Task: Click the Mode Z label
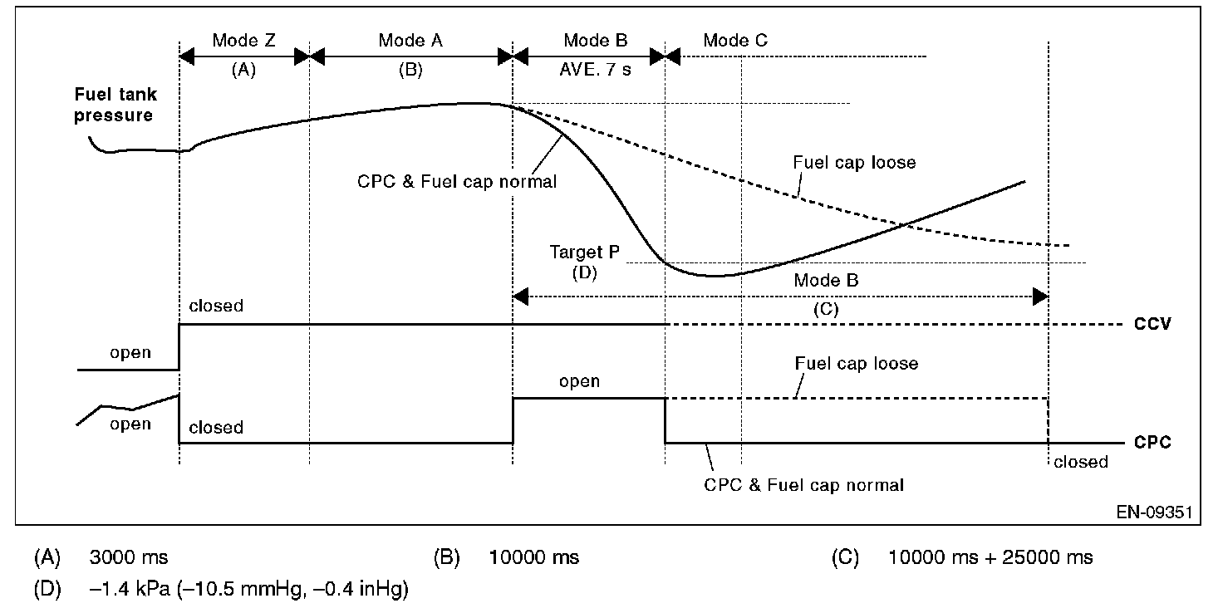click(x=243, y=41)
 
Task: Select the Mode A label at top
click(x=410, y=41)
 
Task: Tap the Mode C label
click(x=735, y=41)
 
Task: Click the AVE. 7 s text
click(x=596, y=70)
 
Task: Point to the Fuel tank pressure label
click(x=115, y=105)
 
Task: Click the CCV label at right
click(x=1152, y=325)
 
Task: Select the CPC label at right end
click(x=1152, y=443)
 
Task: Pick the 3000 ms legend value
click(x=129, y=557)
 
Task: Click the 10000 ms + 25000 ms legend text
click(x=990, y=557)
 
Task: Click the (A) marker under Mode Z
click(x=243, y=71)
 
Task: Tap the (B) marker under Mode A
click(x=410, y=71)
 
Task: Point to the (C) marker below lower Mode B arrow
click(x=826, y=308)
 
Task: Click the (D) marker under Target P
click(x=585, y=272)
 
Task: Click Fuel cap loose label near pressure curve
click(x=854, y=163)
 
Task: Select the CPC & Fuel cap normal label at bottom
click(x=803, y=484)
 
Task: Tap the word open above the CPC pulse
click(x=579, y=381)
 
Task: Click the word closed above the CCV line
click(x=216, y=306)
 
